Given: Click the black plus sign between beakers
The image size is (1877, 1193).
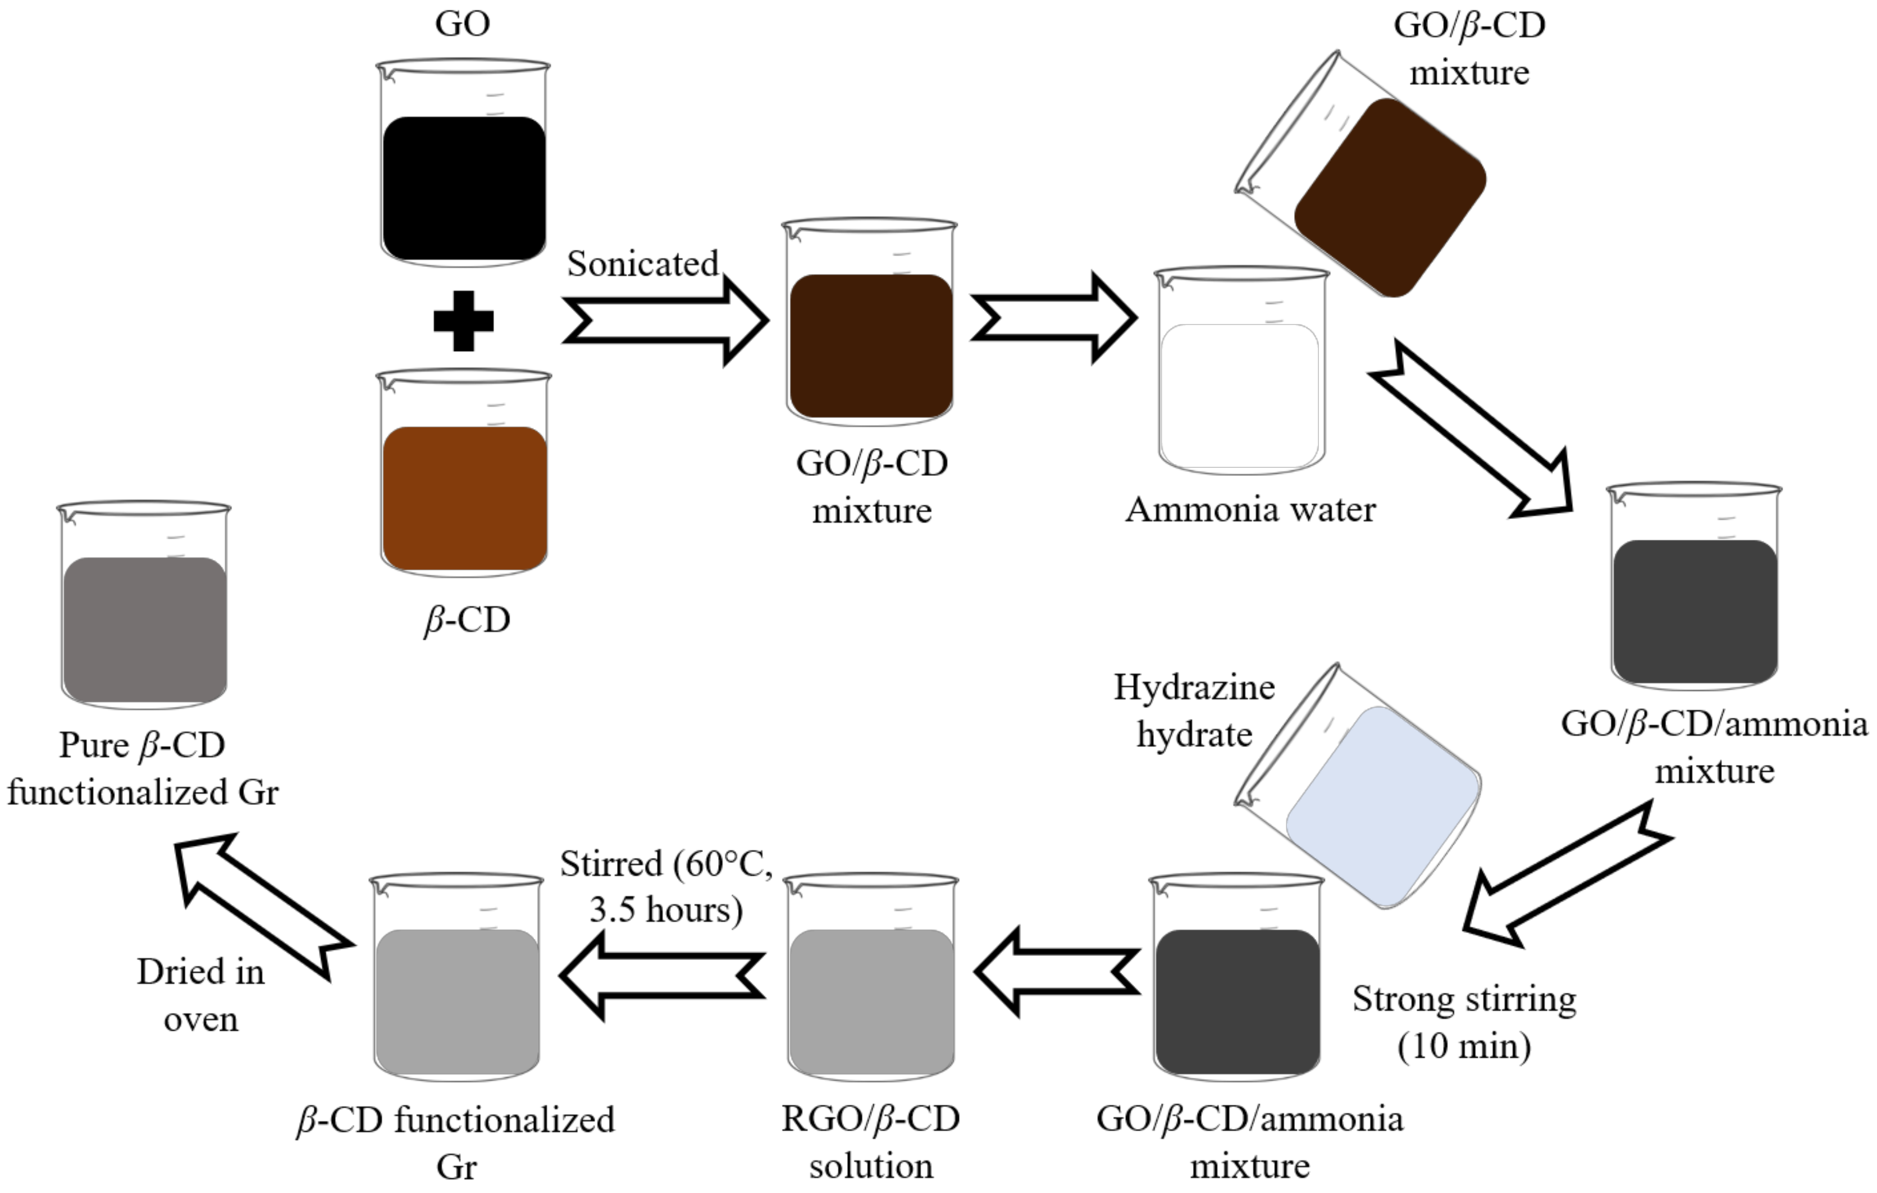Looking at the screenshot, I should (463, 321).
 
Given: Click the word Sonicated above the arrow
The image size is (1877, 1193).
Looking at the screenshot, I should (642, 263).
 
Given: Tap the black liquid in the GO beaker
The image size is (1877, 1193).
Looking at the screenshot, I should (464, 188).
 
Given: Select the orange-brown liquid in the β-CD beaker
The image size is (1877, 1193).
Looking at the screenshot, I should (464, 498).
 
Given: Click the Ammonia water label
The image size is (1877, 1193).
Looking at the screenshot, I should (1250, 510).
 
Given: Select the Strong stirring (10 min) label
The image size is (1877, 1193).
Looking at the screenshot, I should (1464, 1022).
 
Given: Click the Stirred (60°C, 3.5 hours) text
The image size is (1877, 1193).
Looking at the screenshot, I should (666, 886).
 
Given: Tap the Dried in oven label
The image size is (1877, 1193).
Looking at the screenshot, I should (200, 995).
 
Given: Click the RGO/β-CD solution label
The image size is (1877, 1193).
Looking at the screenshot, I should (871, 1142).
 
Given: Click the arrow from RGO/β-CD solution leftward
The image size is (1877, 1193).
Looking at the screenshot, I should (663, 975).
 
